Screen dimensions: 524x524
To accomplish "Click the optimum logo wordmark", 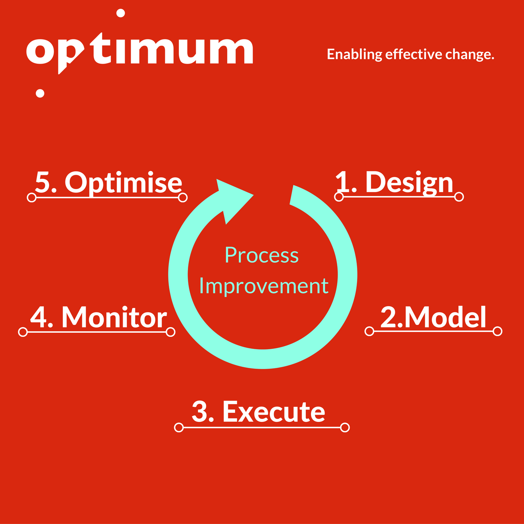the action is click(140, 53).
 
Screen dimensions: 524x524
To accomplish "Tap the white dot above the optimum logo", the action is click(121, 13).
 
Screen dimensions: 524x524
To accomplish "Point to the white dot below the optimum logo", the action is click(40, 93).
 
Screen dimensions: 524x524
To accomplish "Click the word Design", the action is click(409, 183).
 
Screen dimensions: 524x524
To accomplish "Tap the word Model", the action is click(445, 317).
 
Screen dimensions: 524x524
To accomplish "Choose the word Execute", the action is click(274, 412).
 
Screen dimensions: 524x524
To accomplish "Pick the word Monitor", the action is click(114, 317).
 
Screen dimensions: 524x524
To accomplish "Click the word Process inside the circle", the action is click(262, 255).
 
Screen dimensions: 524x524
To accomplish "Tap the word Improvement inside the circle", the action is click(264, 286).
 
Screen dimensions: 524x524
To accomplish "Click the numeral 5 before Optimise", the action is click(42, 182).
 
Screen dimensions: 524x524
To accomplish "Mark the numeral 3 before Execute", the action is click(199, 411).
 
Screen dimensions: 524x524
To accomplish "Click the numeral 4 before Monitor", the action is click(39, 317).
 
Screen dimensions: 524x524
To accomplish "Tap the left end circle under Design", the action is click(339, 196).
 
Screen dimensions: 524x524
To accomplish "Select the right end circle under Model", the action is click(497, 331).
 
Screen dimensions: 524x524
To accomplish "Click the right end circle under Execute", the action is click(345, 427).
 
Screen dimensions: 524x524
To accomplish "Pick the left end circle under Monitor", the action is click(23, 332).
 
